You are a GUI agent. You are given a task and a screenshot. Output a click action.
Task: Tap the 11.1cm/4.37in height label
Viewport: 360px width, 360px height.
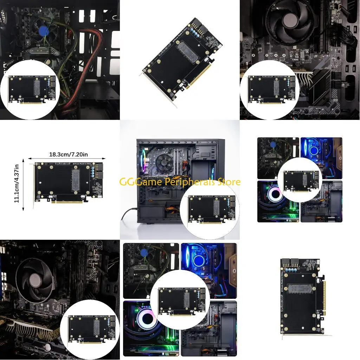click(16, 184)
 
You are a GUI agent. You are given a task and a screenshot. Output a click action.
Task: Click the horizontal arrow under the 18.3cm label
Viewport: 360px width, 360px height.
click(67, 159)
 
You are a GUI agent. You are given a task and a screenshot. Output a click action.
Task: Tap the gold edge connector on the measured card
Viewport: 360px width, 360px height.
click(67, 202)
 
